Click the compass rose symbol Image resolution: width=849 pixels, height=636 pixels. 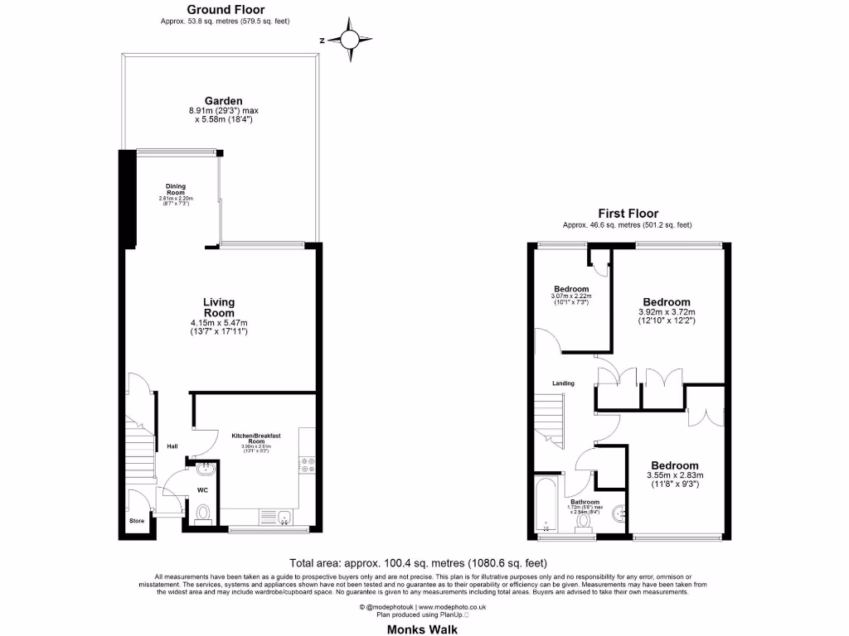click(x=351, y=39)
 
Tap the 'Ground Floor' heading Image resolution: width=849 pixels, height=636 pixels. click(x=226, y=11)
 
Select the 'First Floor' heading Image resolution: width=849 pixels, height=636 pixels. click(x=628, y=214)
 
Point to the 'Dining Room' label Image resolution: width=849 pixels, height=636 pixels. click(x=175, y=189)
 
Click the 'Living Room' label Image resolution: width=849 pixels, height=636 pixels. click(x=220, y=308)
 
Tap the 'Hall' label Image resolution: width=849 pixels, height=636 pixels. click(x=172, y=446)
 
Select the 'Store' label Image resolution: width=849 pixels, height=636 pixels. click(x=137, y=521)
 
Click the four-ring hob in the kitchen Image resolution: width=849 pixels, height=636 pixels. click(x=308, y=466)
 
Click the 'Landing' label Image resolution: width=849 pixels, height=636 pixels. click(x=565, y=383)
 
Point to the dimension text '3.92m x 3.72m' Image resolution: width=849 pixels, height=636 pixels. click(x=667, y=312)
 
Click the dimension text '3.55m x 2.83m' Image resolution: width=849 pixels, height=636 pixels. click(x=674, y=475)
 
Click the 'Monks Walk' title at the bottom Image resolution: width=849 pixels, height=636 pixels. click(x=424, y=628)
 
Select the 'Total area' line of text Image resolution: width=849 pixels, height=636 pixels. click(x=424, y=560)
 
